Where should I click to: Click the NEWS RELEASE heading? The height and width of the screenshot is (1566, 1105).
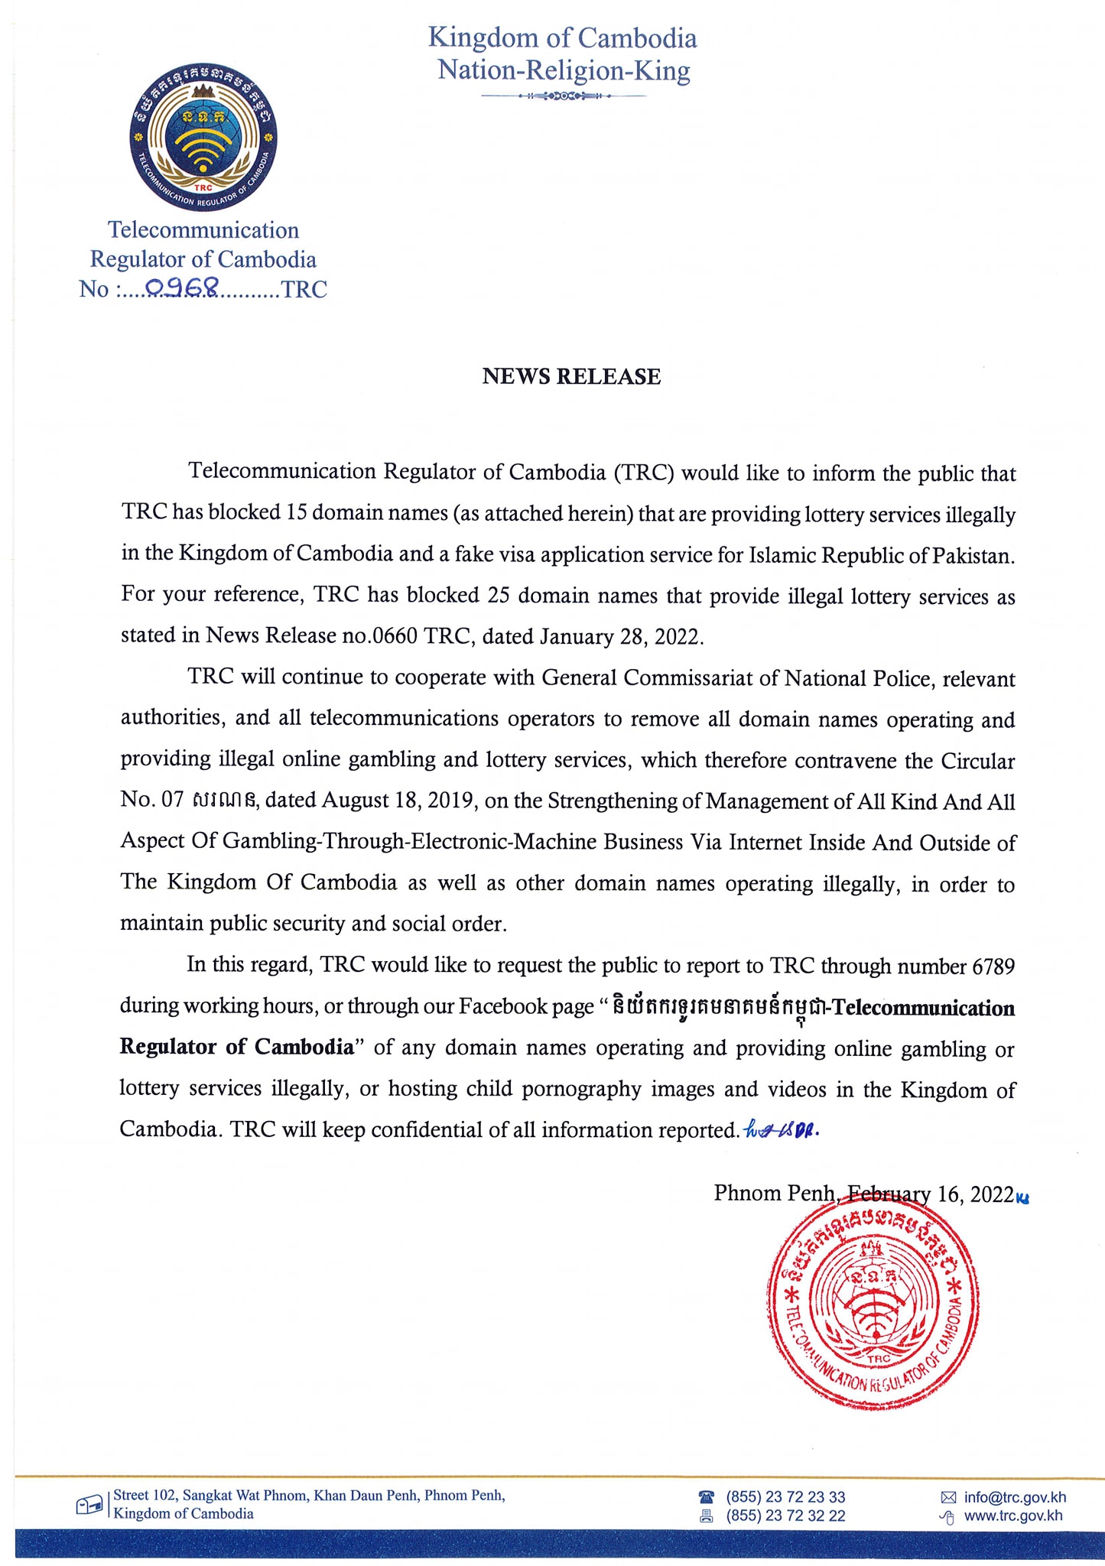[x=571, y=376]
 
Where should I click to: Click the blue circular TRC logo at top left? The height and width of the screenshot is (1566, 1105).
[x=203, y=138]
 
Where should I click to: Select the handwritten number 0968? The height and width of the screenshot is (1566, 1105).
[x=182, y=288]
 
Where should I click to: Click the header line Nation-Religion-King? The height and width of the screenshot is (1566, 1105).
[x=564, y=70]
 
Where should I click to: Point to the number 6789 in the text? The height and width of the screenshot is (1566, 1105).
[x=993, y=967]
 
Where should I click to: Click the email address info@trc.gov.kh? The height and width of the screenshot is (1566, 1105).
[x=1015, y=1497]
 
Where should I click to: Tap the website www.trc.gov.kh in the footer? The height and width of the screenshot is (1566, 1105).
[x=1013, y=1516]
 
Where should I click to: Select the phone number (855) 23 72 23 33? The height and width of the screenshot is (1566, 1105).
[x=785, y=1497]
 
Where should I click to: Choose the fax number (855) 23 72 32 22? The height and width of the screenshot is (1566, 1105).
[x=785, y=1516]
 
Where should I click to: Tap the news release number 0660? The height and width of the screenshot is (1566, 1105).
[x=395, y=636]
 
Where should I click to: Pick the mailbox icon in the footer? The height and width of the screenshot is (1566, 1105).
[x=89, y=1506]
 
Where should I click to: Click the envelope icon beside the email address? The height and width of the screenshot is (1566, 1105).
[x=948, y=1497]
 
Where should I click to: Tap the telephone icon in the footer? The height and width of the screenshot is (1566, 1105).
[x=707, y=1496]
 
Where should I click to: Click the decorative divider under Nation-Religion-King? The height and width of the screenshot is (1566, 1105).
[x=564, y=96]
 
